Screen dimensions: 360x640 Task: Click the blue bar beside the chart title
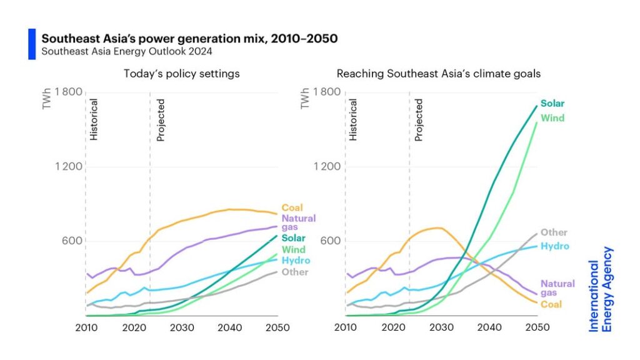32,44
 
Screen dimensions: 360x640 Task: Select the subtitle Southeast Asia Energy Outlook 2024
127,51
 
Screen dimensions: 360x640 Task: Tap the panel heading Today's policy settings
182,74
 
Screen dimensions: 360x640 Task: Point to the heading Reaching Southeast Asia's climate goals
439,74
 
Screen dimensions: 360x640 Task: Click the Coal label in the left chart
292,208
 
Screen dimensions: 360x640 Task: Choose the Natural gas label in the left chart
298,223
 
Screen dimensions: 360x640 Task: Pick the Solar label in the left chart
293,238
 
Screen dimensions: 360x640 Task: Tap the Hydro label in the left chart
296,261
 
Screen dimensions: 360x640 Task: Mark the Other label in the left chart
294,272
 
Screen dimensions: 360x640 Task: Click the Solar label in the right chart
552,104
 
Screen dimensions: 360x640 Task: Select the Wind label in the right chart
552,118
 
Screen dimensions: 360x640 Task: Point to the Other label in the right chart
553,233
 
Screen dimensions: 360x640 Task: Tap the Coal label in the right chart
551,304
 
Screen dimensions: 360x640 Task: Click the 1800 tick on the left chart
68,92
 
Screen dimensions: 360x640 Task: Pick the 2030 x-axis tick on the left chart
181,327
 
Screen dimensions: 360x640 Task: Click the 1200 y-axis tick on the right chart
327,166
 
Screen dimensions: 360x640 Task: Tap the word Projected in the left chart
161,119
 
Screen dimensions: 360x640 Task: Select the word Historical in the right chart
353,119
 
